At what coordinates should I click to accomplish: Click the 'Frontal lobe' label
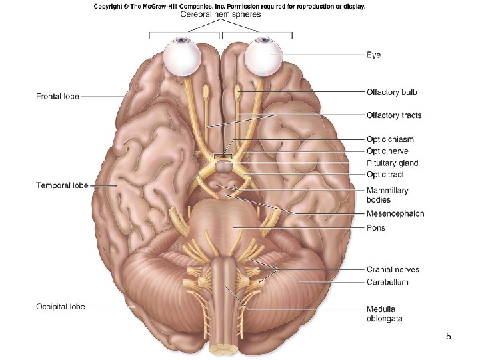(x=57, y=97)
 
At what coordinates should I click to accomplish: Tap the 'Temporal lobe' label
(x=61, y=185)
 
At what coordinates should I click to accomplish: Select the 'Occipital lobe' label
(x=60, y=307)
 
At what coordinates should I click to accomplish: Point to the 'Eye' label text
(x=374, y=55)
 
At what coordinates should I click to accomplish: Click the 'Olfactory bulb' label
(x=392, y=91)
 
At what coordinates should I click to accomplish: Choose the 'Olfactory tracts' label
(x=394, y=115)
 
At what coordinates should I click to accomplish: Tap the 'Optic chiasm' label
(x=390, y=139)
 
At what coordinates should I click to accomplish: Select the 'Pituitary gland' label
(x=393, y=163)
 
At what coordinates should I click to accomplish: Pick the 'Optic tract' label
(x=385, y=175)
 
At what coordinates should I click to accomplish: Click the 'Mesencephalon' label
(x=395, y=214)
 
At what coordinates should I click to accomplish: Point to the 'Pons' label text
(x=376, y=228)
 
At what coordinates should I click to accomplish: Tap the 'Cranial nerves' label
(x=393, y=270)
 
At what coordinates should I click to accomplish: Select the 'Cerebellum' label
(x=387, y=282)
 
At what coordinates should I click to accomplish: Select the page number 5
(x=449, y=337)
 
